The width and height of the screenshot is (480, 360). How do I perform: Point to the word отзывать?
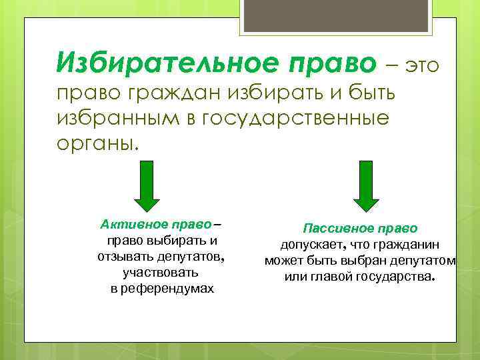coord(125,256)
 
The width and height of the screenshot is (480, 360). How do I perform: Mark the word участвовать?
coord(161,272)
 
